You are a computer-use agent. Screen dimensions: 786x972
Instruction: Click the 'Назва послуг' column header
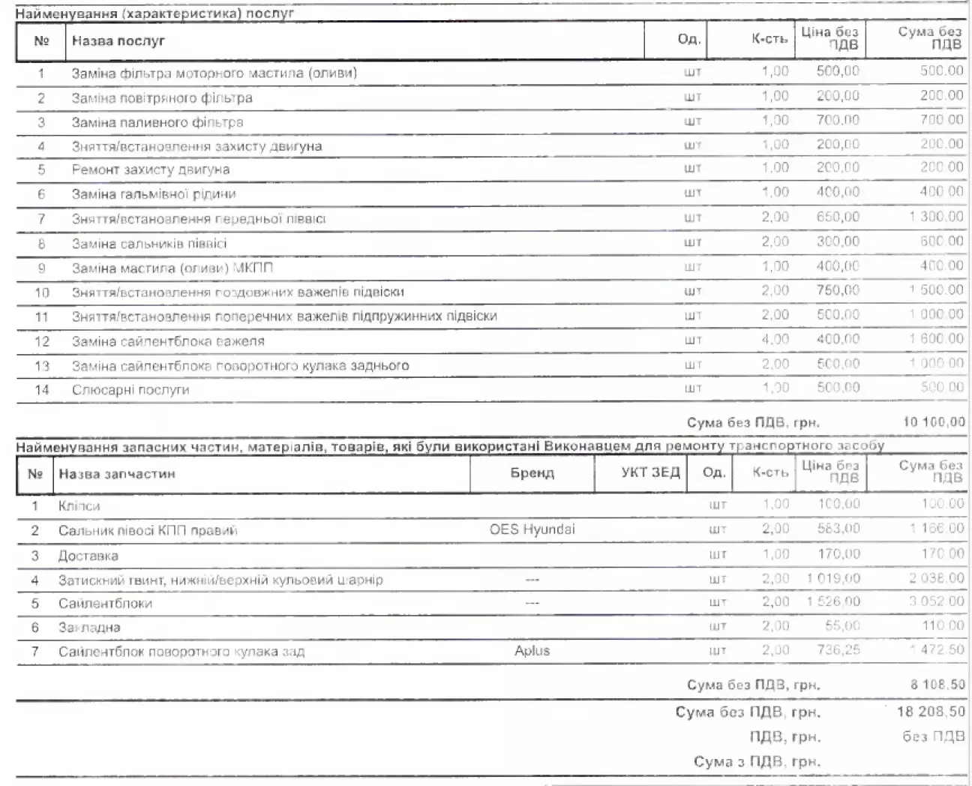[118, 40]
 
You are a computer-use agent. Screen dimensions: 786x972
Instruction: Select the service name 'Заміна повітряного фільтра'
[162, 97]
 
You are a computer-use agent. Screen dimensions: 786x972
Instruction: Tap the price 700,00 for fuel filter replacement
[837, 120]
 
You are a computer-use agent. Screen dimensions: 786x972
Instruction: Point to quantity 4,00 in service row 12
[775, 339]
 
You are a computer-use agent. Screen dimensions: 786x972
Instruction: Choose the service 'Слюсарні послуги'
[130, 390]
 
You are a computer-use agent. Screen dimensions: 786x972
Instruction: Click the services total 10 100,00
[934, 422]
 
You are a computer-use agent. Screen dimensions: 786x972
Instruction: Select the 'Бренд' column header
[532, 473]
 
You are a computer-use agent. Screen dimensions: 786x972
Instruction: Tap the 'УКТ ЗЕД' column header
[649, 472]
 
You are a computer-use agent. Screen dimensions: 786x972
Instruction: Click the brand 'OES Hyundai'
[532, 529]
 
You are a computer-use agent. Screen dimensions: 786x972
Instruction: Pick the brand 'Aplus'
[532, 651]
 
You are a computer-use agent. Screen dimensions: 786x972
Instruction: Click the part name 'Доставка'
[88, 556]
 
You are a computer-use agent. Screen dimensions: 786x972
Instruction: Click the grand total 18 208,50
[931, 711]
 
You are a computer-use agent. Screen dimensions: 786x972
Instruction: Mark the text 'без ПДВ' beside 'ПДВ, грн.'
[933, 736]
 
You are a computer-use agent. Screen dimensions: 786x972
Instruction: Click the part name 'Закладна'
[89, 627]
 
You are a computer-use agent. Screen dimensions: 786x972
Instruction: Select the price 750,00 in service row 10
[837, 290]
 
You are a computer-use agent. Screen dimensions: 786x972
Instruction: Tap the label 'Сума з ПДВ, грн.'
[757, 762]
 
